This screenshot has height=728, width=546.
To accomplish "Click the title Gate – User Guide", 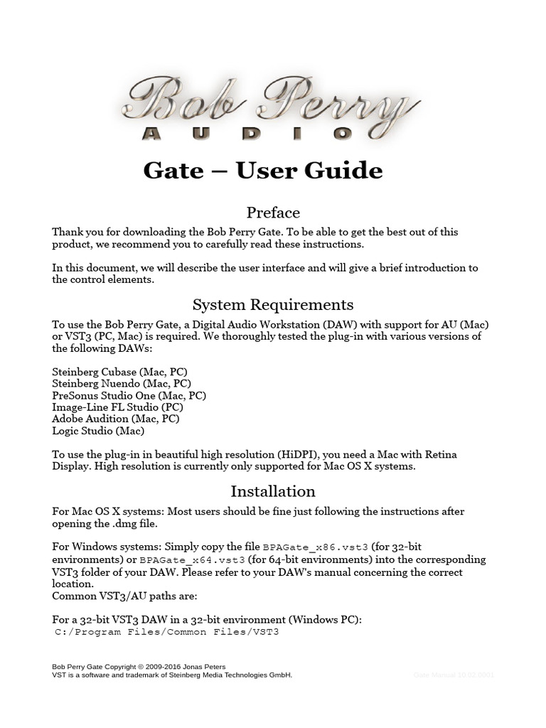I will click(x=263, y=171).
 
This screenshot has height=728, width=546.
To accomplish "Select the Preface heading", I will click(x=273, y=212).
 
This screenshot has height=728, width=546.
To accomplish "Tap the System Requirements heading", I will click(x=273, y=304).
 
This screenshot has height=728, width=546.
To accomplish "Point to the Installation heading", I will click(x=273, y=491).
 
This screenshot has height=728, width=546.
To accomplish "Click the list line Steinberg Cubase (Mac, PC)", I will click(x=119, y=372).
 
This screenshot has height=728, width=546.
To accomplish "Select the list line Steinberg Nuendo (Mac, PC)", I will click(x=122, y=384).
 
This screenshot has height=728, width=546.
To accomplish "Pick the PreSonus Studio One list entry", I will click(x=129, y=395).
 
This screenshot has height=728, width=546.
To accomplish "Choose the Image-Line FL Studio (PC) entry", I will click(x=117, y=407).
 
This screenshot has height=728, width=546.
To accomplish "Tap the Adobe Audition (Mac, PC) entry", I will click(x=116, y=419).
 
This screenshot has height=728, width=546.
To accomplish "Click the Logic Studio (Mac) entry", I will click(x=98, y=430).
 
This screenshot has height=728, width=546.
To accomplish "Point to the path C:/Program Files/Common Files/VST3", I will click(x=167, y=631).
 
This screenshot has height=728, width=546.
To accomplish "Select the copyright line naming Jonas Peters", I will click(x=139, y=667).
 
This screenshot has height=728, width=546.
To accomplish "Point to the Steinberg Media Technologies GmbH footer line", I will click(x=172, y=675).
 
